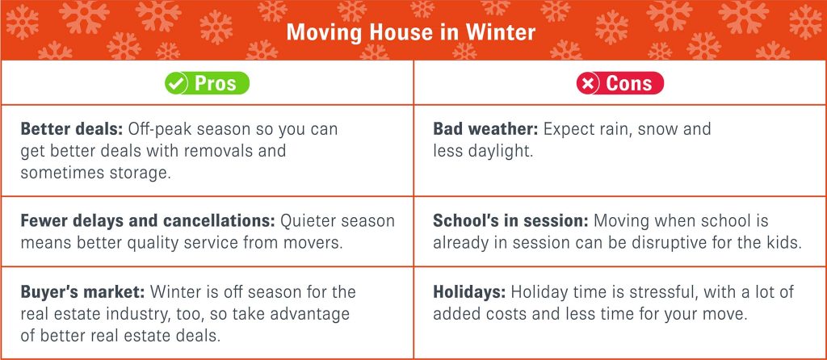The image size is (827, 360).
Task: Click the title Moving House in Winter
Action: point(411,32)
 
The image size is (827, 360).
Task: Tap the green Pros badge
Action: point(207,83)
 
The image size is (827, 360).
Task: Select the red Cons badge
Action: point(619,83)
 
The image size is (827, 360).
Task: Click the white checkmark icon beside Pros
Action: point(175,83)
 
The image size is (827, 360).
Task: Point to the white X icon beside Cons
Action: point(587,83)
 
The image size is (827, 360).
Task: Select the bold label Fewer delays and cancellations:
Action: point(148,221)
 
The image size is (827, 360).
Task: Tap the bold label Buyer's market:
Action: point(83,292)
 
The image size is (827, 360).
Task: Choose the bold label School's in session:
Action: point(510,221)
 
